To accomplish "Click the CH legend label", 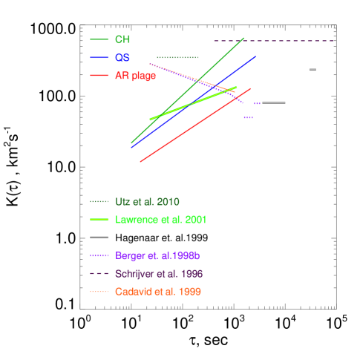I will [x=122, y=39].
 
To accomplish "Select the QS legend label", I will [x=122, y=58].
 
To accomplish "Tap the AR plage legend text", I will [x=135, y=76].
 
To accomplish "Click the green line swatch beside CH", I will [x=99, y=39].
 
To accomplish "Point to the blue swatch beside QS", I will [x=99, y=58].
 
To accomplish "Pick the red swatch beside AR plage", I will [x=99, y=76].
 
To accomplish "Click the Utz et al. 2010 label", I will [x=147, y=202].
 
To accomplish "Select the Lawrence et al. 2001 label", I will [x=160, y=220].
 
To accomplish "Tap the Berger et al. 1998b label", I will [x=157, y=256].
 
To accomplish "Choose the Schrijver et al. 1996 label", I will [x=159, y=274].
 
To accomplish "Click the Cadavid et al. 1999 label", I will [x=157, y=292].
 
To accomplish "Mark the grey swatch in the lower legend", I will [x=99, y=238].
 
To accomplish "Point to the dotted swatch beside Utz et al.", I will [x=99, y=202].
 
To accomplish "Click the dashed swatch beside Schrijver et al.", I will [x=99, y=274].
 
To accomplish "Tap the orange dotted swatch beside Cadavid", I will [x=99, y=292].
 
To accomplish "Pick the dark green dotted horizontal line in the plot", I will [x=177, y=57].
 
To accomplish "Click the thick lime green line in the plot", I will [x=193, y=103].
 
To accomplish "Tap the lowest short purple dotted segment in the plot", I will [x=249, y=117].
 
